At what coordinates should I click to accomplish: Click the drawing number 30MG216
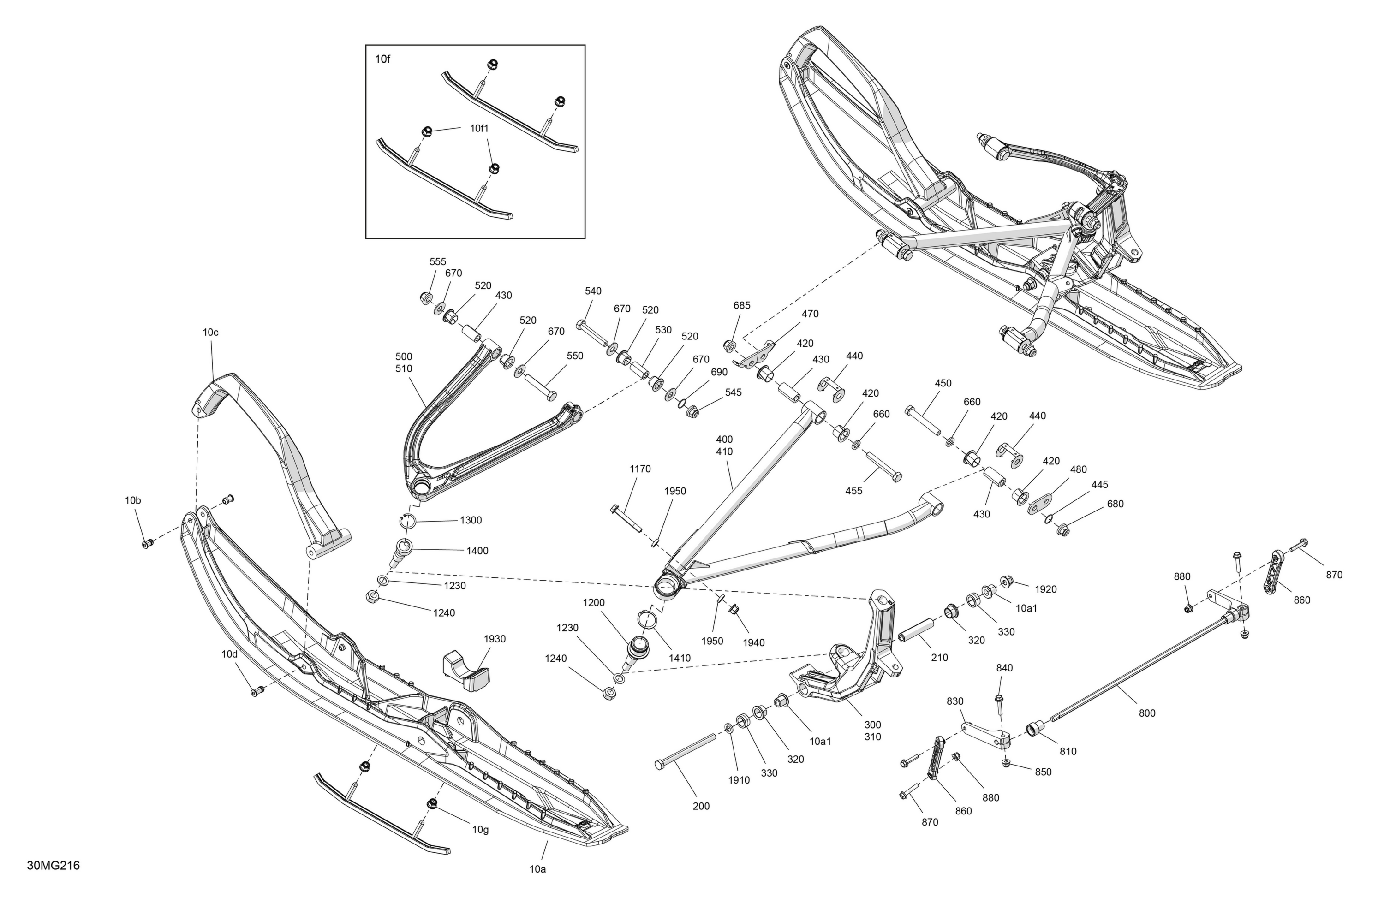click(53, 866)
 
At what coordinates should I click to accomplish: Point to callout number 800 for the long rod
click(1147, 713)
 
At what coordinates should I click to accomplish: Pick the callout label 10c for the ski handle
click(210, 333)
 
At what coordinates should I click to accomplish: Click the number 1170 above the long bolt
click(640, 469)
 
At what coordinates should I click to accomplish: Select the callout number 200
click(701, 806)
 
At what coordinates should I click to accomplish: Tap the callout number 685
click(741, 305)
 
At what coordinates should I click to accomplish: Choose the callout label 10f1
click(480, 129)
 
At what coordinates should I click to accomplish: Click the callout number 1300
click(471, 520)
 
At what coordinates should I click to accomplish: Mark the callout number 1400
click(477, 551)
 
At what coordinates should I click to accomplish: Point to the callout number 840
click(1004, 668)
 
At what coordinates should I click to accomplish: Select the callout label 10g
click(480, 830)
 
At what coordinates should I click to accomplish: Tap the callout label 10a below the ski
click(537, 870)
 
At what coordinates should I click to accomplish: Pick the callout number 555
click(438, 261)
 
